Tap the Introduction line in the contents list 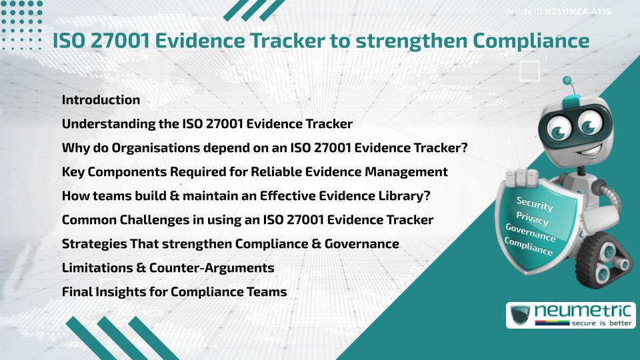[x=101, y=100]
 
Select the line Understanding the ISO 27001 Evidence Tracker [x=207, y=124]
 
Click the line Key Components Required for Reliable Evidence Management [x=255, y=172]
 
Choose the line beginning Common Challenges [x=247, y=220]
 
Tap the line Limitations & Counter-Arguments [x=167, y=268]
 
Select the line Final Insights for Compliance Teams [x=174, y=292]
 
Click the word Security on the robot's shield [x=535, y=205]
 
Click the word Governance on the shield [x=531, y=233]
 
